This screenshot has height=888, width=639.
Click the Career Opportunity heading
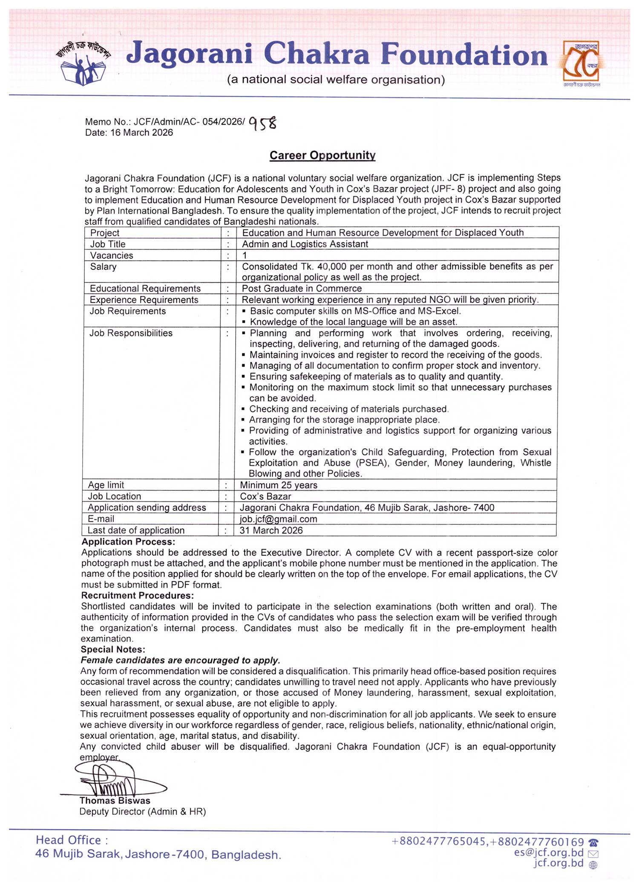322,155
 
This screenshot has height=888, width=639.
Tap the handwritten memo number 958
263,123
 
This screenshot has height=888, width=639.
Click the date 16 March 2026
129,133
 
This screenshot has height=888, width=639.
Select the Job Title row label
108,244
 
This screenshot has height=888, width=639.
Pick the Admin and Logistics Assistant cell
305,244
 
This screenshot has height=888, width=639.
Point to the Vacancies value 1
245,255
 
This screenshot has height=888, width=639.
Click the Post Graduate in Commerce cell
302,289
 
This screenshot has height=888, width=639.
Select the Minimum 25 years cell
279,485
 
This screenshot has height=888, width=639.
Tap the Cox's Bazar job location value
265,496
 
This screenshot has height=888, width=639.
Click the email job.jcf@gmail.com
278,519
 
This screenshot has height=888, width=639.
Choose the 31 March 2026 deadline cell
271,530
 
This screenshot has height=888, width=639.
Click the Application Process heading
128,542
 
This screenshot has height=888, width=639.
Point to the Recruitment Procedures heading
137,596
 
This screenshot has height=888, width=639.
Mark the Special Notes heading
113,650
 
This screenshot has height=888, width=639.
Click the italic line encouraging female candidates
180,660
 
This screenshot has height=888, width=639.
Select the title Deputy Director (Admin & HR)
143,811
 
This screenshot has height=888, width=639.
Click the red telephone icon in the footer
593,842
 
